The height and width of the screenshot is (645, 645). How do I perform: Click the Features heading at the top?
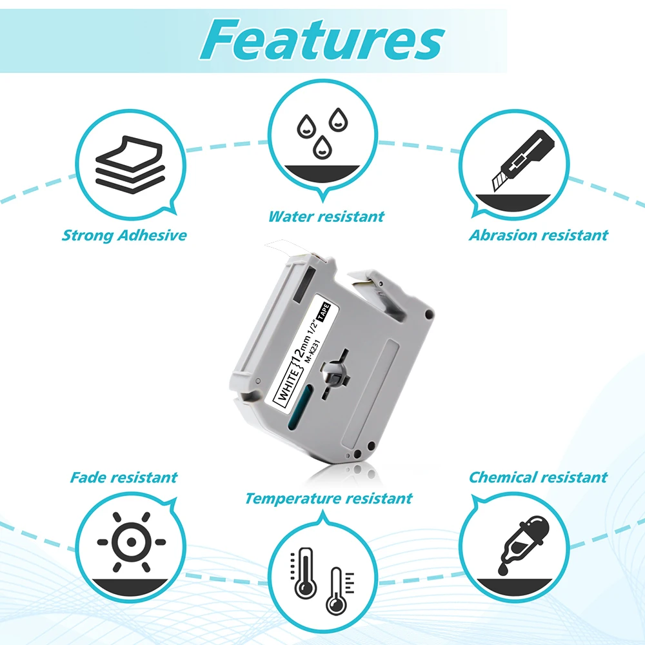tap(322, 40)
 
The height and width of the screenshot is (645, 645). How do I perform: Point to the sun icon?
tap(131, 542)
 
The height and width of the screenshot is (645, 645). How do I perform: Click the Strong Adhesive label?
tap(124, 235)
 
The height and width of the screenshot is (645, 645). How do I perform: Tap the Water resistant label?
tap(326, 217)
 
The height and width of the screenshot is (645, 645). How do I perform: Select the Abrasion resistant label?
tap(538, 235)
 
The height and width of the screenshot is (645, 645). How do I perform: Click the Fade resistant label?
tap(123, 478)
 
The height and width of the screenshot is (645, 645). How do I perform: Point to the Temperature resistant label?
tap(328, 498)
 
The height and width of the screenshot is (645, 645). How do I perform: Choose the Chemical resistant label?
tap(537, 477)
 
